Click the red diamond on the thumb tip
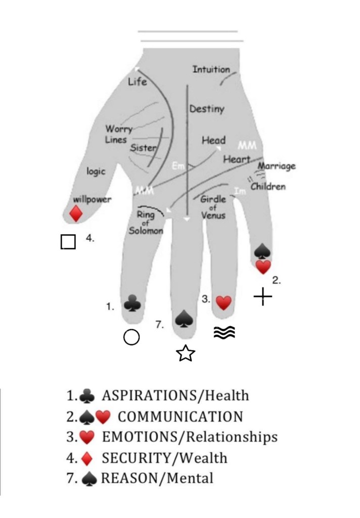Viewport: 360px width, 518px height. (x=76, y=213)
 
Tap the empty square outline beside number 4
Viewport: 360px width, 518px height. (x=68, y=242)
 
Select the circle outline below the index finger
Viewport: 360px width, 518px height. (x=131, y=337)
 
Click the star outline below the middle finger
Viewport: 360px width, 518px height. (x=186, y=354)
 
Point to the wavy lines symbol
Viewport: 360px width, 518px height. (x=224, y=332)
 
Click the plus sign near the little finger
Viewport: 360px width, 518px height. (x=263, y=297)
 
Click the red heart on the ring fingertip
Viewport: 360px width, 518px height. (x=223, y=303)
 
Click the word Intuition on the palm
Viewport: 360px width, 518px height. (x=211, y=69)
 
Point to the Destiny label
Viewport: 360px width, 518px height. (x=206, y=109)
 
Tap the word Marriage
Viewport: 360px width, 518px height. (x=277, y=166)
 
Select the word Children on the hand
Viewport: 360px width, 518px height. (x=268, y=186)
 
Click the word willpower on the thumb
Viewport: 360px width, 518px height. (x=92, y=199)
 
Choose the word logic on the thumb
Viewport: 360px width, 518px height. (x=96, y=171)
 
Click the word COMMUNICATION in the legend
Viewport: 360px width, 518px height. (x=180, y=417)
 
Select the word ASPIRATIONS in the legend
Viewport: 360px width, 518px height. (x=147, y=395)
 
